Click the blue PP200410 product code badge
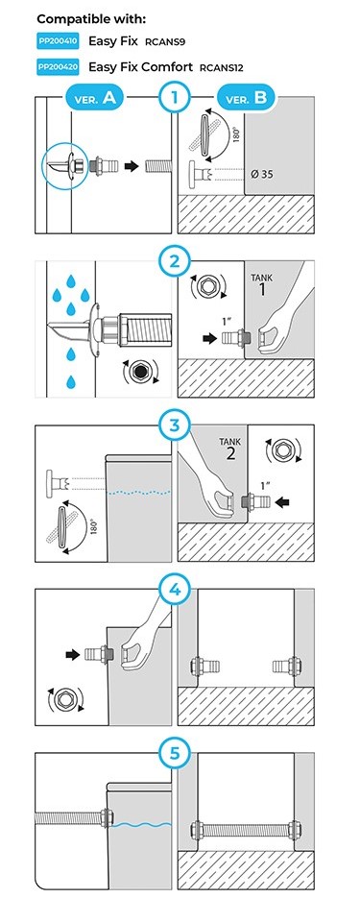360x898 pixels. pyautogui.click(x=58, y=40)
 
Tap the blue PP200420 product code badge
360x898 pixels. pyautogui.click(x=58, y=66)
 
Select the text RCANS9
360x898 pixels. pyautogui.click(x=165, y=42)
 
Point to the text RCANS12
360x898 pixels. pyautogui.click(x=222, y=67)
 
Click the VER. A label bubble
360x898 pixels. pyautogui.click(x=94, y=98)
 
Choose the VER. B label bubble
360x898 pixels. pyautogui.click(x=247, y=98)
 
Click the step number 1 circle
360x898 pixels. pyautogui.click(x=175, y=98)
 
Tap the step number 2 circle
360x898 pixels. pyautogui.click(x=175, y=263)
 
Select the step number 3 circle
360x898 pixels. pyautogui.click(x=175, y=426)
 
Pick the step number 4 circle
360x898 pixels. pyautogui.click(x=175, y=591)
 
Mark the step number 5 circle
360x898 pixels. pyautogui.click(x=175, y=754)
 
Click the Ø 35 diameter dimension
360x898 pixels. pyautogui.click(x=263, y=174)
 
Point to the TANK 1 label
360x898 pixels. pyautogui.click(x=262, y=284)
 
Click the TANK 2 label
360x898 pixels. pyautogui.click(x=230, y=449)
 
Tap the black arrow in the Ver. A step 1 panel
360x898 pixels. pyautogui.click(x=132, y=166)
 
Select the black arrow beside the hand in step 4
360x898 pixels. pyautogui.click(x=73, y=653)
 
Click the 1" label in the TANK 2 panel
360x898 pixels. pyautogui.click(x=264, y=485)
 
